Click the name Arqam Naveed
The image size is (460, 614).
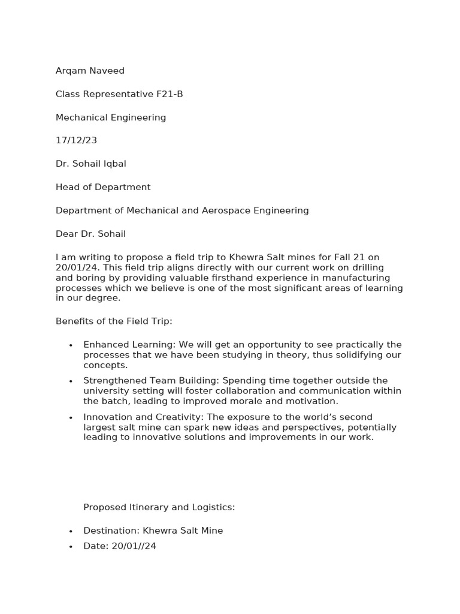pyautogui.click(x=90, y=71)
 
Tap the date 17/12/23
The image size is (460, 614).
pyautogui.click(x=76, y=140)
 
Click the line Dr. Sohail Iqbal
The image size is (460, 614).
pyautogui.click(x=90, y=164)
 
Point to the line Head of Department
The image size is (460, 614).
pyautogui.click(x=103, y=187)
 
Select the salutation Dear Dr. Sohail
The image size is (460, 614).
pyautogui.click(x=90, y=234)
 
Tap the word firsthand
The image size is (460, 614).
pyautogui.click(x=225, y=278)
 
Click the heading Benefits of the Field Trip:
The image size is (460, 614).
pyautogui.click(x=114, y=321)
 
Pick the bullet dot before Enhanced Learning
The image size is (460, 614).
pyautogui.click(x=71, y=345)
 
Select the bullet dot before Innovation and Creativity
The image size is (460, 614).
pyautogui.click(x=71, y=417)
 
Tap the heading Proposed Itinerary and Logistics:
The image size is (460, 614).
pyautogui.click(x=159, y=507)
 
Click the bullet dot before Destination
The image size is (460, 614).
pyautogui.click(x=71, y=531)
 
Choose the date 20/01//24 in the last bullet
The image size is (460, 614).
pyautogui.click(x=134, y=546)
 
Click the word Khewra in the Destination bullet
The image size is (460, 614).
pyautogui.click(x=158, y=531)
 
